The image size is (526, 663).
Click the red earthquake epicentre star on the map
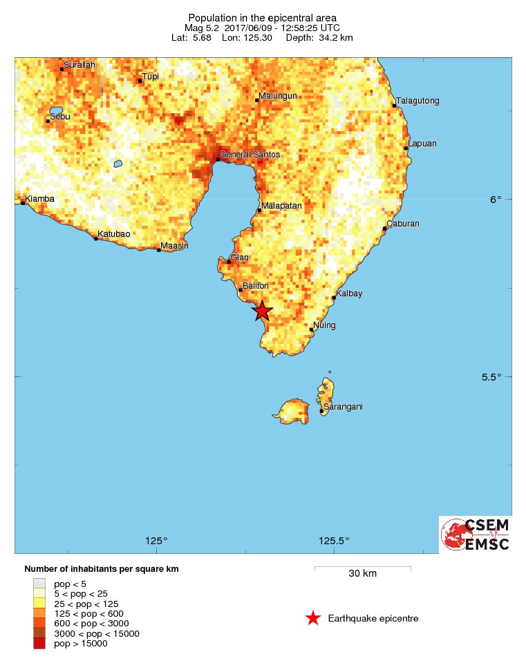tap(262, 311)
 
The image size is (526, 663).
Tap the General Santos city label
tap(250, 155)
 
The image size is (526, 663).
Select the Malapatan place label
tap(282, 205)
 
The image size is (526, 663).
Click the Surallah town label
tap(79, 64)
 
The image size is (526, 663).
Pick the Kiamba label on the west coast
tap(39, 200)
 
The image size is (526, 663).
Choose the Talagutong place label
tap(418, 101)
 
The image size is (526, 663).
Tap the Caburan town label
tap(403, 224)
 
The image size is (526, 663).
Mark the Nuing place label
tap(325, 325)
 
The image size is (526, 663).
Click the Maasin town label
tap(174, 246)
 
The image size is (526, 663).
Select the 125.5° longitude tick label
tap(335, 541)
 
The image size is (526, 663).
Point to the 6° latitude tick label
tap(496, 200)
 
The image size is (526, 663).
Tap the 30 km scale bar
tap(363, 568)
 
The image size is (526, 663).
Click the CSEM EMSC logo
tap(476, 535)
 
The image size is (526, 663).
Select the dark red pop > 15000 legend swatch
tap(39, 644)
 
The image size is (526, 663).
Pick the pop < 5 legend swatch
tap(39, 584)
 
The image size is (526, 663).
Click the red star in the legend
tap(313, 618)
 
